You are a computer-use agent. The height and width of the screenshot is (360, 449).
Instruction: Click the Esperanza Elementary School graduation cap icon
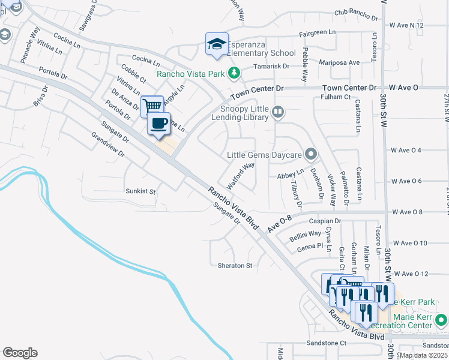click(x=217, y=43)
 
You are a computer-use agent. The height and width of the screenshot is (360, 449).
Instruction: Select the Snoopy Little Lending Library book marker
click(x=277, y=111)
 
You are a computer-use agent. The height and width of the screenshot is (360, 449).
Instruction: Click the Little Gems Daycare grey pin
click(x=310, y=155)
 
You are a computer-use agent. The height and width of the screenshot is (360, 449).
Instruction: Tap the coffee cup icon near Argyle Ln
click(x=159, y=124)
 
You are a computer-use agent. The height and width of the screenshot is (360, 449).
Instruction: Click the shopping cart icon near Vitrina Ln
click(x=152, y=106)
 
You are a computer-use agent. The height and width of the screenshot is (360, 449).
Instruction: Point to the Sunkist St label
click(x=140, y=191)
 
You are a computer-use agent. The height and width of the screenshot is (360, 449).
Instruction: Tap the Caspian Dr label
click(x=325, y=221)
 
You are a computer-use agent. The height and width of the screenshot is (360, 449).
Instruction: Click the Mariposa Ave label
click(x=340, y=62)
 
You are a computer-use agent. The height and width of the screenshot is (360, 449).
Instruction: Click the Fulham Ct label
click(x=335, y=97)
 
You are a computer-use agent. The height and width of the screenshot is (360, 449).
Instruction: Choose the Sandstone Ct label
click(x=327, y=343)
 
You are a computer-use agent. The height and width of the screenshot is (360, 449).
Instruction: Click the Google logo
click(x=20, y=353)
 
